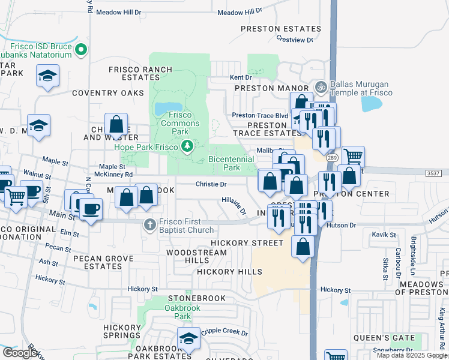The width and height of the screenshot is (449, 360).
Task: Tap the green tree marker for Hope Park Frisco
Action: pos(188,146)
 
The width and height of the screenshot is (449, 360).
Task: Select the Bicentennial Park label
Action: pos(224,164)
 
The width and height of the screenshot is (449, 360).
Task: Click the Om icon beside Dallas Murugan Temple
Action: pos(321,88)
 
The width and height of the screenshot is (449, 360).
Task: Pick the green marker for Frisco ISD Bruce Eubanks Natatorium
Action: pos(83,50)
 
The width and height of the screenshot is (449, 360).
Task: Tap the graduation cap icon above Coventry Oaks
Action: pos(47,76)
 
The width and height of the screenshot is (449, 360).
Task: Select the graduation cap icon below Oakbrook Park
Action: pos(189,339)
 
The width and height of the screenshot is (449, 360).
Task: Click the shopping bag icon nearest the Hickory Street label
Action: pos(303,245)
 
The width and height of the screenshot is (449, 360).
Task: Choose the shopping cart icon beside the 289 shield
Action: pos(353,157)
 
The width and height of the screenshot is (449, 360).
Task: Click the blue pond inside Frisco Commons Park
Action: pos(163,109)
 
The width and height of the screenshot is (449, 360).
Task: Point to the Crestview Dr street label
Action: pos(295,40)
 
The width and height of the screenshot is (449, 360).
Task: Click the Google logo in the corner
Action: pos(20,353)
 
